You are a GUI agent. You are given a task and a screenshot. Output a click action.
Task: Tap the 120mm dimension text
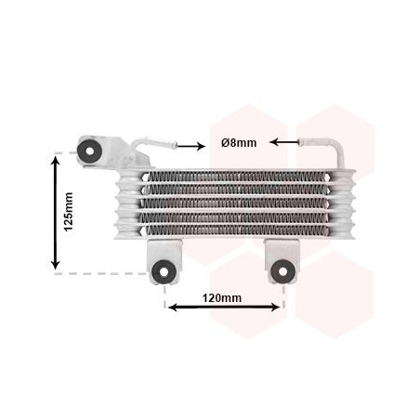[x=222, y=297]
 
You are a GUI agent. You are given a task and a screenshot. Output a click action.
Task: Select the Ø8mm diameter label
[x=239, y=142]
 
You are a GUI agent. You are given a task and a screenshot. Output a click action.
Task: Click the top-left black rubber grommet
[x=91, y=149]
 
